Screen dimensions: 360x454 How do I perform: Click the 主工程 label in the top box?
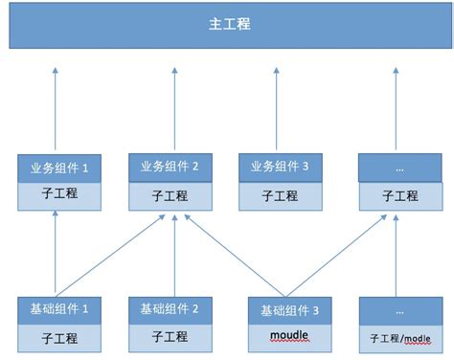coord(229,24)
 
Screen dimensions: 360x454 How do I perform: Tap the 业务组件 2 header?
coord(170,167)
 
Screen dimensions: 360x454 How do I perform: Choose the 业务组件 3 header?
coord(281,167)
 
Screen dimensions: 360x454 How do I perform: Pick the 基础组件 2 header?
coord(170,309)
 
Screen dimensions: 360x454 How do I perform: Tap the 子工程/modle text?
coord(399,338)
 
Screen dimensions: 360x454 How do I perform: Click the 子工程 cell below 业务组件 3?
coord(281,194)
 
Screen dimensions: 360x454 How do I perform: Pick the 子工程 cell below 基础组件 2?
coord(170,336)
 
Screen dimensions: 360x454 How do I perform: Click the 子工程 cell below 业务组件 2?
coord(170,194)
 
